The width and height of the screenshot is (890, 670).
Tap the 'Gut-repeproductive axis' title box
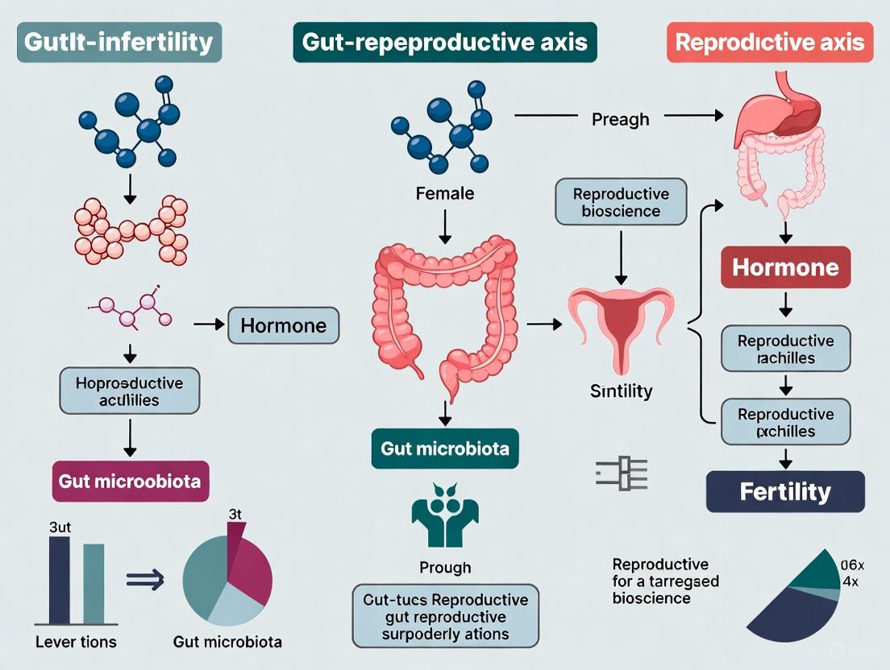pos(444,43)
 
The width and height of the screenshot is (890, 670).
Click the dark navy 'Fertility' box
pos(785,491)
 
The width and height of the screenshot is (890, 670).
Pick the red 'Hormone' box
pos(785,267)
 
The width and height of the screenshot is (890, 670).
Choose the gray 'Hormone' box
pos(284,326)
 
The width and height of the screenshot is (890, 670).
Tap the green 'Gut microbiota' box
pos(445,449)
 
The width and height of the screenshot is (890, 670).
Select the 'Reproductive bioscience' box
pos(621,203)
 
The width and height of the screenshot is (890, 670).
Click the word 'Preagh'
pos(620,119)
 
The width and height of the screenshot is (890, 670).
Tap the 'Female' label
pos(445,193)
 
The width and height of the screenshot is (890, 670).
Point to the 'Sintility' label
pos(621,392)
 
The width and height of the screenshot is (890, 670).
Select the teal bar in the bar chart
pos(94,584)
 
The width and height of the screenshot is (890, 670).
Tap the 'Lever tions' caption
pos(77,642)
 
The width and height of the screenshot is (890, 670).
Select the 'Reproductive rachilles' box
pos(785,349)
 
